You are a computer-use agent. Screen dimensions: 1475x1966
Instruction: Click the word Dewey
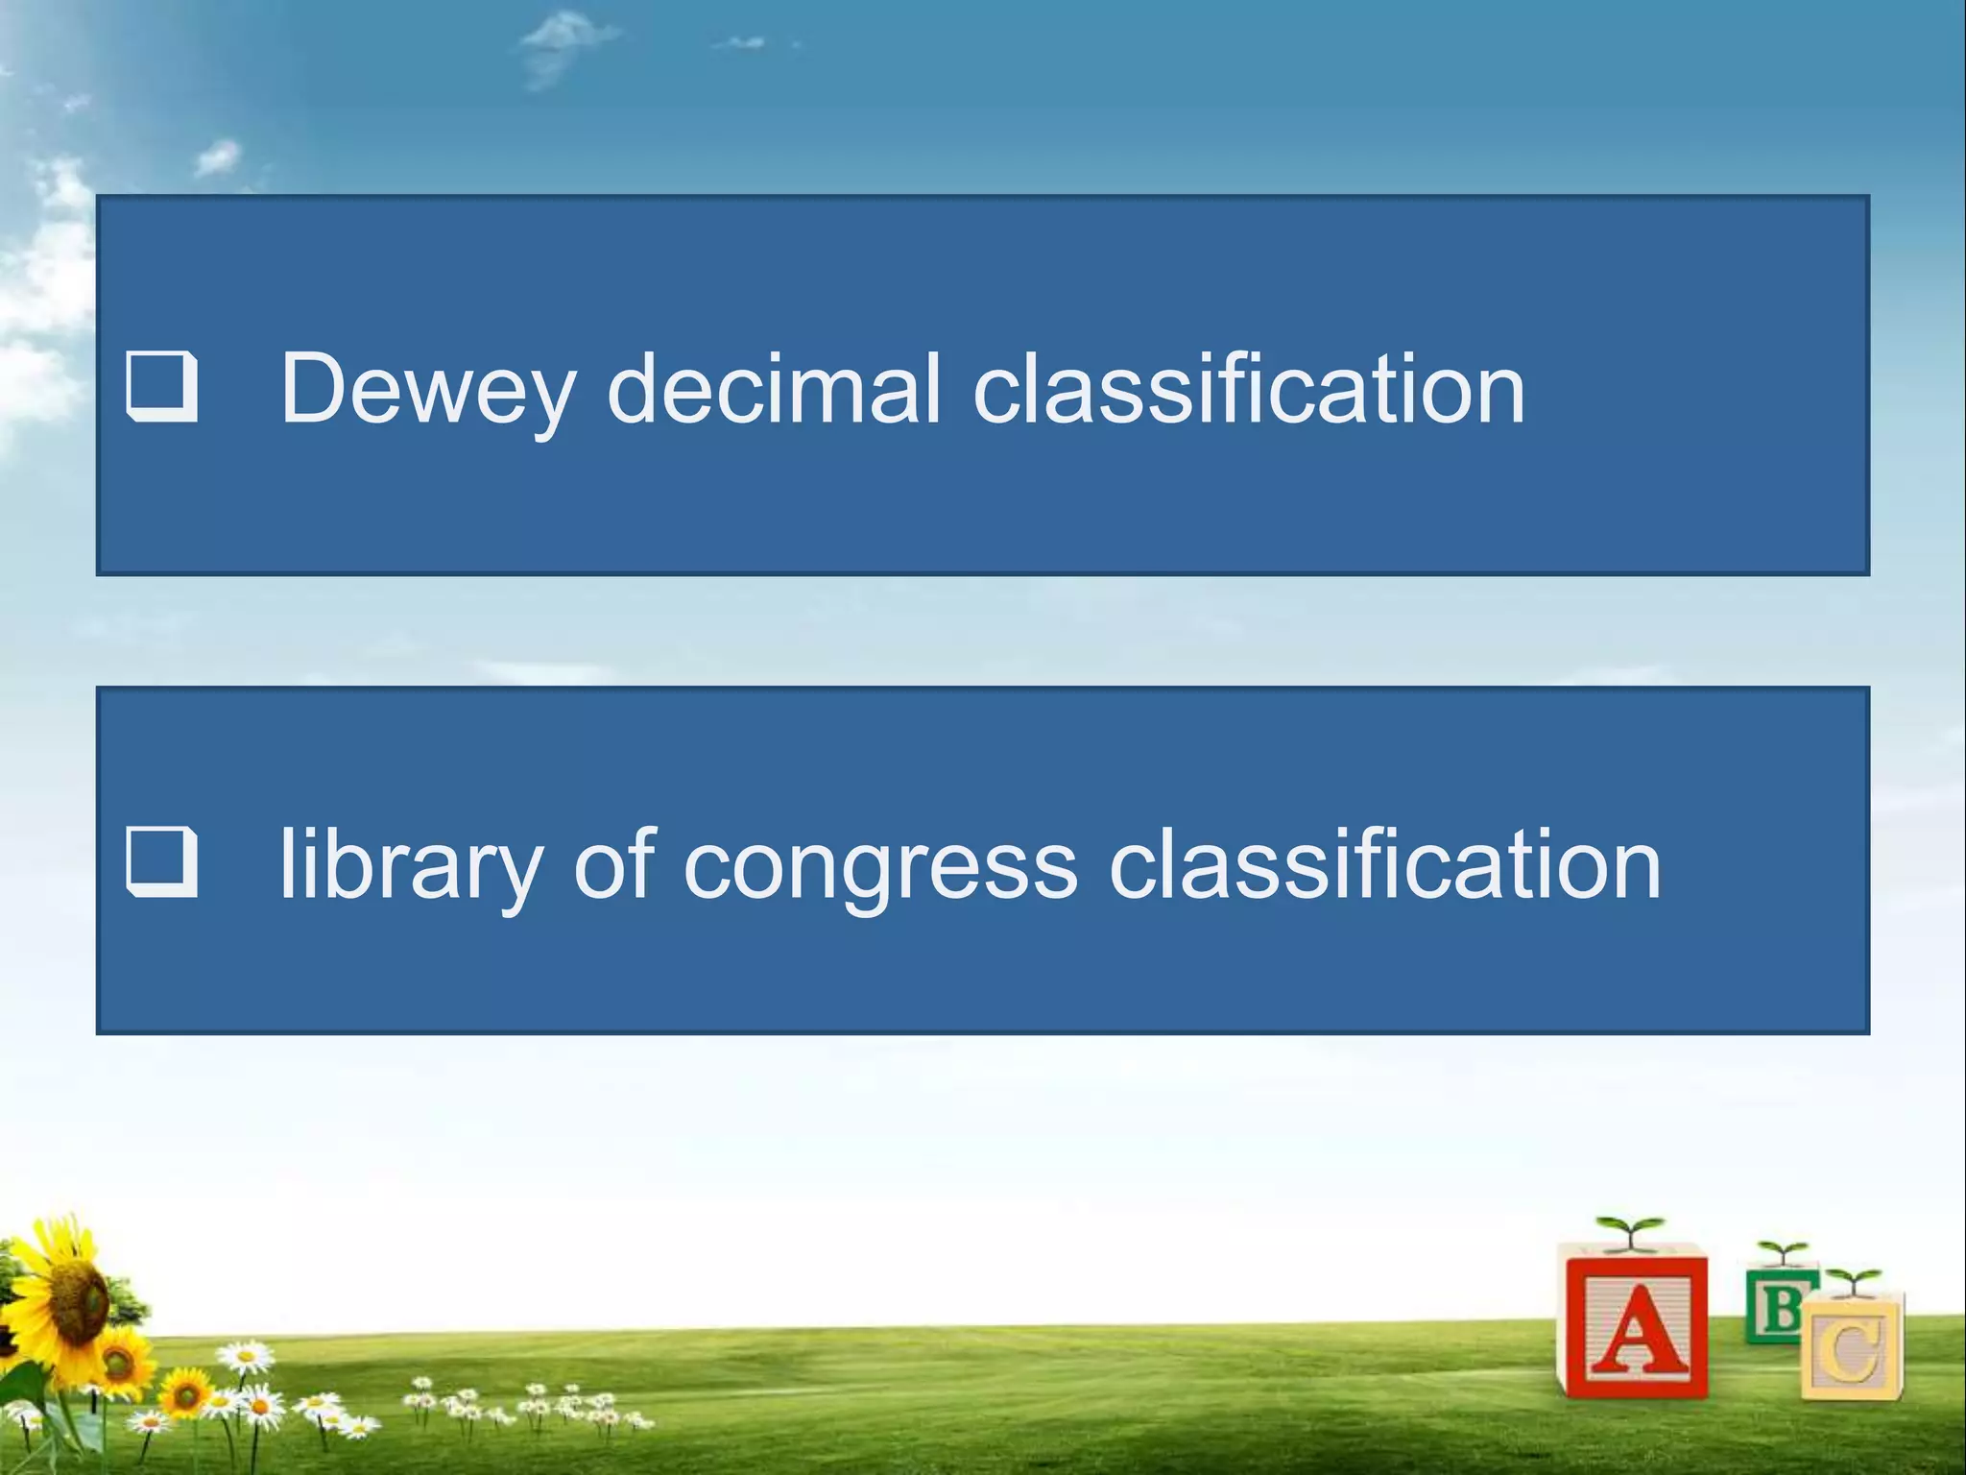tap(426, 389)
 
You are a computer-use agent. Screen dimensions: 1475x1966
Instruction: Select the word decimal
tap(774, 389)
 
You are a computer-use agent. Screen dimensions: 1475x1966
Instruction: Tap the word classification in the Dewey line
tap(1248, 389)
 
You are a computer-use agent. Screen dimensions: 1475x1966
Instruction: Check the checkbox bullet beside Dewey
tap(161, 388)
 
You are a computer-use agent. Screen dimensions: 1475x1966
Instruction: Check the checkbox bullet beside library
tap(161, 863)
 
